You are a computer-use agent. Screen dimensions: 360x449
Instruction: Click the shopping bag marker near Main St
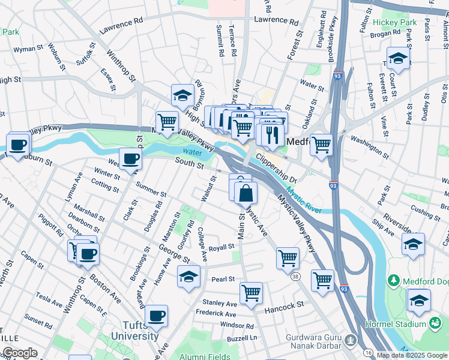pyautogui.click(x=246, y=193)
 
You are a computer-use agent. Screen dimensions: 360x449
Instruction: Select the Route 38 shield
pyautogui.click(x=295, y=277)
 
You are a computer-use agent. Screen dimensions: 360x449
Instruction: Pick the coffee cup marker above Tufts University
pyautogui.click(x=157, y=316)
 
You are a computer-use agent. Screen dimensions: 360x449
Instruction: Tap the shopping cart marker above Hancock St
pyautogui.click(x=251, y=293)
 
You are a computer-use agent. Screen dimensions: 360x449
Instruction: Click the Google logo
pyautogui.click(x=19, y=353)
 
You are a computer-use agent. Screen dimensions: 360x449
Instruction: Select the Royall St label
pyautogui.click(x=221, y=247)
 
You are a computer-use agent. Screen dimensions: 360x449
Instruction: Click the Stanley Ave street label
pyautogui.click(x=220, y=304)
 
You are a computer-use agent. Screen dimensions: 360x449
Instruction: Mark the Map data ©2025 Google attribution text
pyautogui.click(x=412, y=355)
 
